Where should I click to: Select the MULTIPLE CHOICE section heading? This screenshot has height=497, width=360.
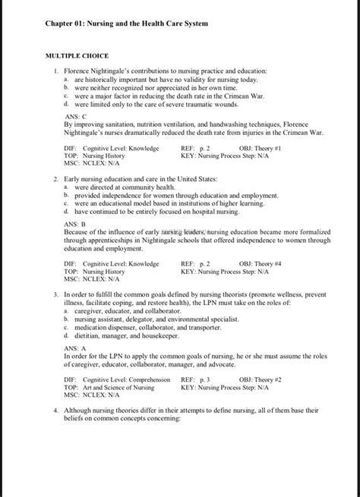(x=77, y=55)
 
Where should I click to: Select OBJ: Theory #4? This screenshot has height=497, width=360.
(x=261, y=264)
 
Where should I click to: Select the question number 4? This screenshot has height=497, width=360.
(x=56, y=410)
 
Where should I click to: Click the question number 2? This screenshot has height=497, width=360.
(x=56, y=178)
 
